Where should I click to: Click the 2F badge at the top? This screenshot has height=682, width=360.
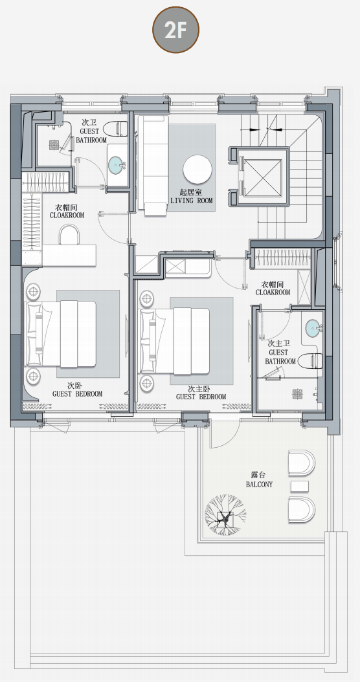pos(175,30)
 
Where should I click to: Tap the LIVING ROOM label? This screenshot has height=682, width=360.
pos(192,201)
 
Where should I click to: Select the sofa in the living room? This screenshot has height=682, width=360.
pos(153,164)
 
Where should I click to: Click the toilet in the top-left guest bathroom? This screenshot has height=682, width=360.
pos(116,129)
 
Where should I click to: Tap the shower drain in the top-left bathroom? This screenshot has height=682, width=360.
pos(54,145)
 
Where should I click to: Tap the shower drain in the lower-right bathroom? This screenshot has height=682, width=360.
pos(298,395)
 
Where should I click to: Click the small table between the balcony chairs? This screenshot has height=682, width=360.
pos(300,486)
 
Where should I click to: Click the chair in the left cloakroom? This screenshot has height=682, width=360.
pos(70,235)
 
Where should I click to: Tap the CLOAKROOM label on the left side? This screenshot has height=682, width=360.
pos(67,215)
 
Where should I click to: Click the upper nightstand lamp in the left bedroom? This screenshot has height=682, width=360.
pos(33,291)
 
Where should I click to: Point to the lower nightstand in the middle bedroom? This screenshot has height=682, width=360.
pos(147,382)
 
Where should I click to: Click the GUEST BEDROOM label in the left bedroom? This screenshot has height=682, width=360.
pos(78,393)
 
